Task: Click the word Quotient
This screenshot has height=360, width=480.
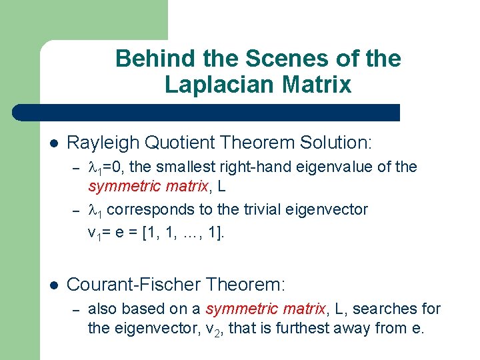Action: pos(169,142)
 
